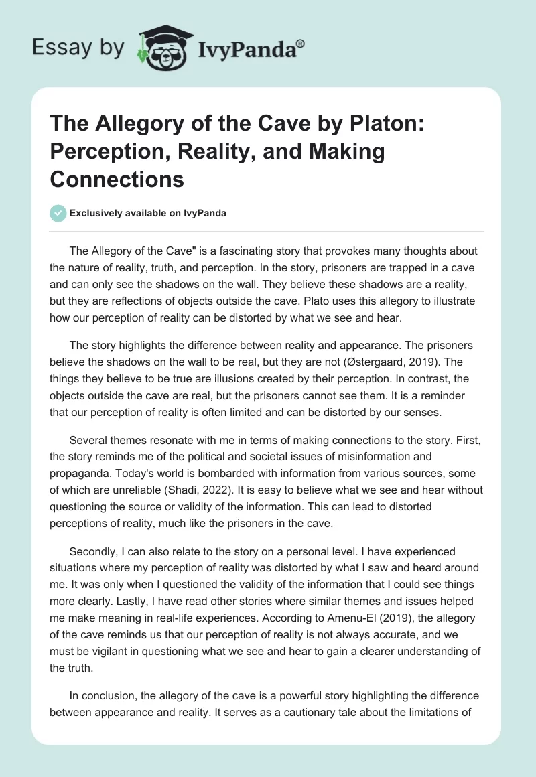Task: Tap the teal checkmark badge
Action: [x=58, y=214]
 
